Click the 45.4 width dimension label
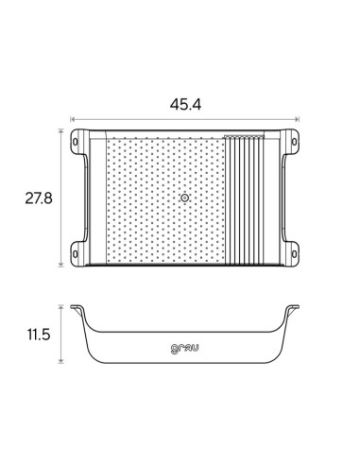point(185,105)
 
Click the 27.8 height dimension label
point(39,198)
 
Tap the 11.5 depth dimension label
point(39,335)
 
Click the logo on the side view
point(185,349)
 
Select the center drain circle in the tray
point(185,198)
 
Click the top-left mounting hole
point(75,142)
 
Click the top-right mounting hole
point(294,142)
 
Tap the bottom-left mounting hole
point(75,254)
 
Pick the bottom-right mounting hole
point(294,254)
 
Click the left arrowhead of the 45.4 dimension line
point(72,119)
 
